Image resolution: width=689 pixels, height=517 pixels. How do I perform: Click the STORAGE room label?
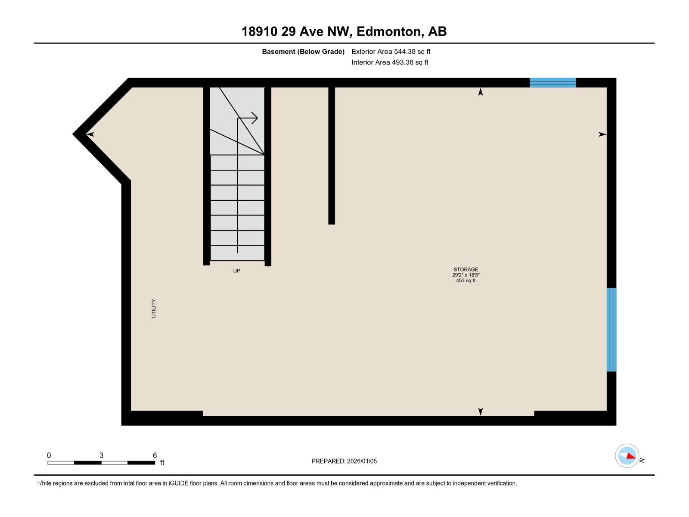(466, 269)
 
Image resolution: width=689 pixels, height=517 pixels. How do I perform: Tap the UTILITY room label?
(154, 308)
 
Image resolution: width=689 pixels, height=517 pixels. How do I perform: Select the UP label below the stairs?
(236, 271)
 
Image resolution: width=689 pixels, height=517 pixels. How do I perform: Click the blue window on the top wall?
(552, 83)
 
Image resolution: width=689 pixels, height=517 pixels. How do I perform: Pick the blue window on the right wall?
(611, 330)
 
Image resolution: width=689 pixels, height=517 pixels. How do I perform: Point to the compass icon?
(627, 455)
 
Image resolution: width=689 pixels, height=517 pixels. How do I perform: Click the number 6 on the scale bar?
(155, 455)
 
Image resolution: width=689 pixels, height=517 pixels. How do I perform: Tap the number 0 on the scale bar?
(49, 455)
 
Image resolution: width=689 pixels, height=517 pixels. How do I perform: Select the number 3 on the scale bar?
(101, 455)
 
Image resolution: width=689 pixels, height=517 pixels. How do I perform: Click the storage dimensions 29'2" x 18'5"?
(466, 275)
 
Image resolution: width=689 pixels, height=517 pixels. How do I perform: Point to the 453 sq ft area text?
(466, 280)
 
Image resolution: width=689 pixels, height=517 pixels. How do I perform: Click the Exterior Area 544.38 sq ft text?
(391, 52)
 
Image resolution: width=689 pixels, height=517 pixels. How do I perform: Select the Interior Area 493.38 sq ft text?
(390, 62)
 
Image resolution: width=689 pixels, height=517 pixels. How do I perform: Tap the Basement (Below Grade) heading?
(303, 52)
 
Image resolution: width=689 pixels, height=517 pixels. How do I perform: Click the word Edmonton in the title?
(389, 31)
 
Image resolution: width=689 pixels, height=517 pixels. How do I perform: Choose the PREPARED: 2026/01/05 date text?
(344, 461)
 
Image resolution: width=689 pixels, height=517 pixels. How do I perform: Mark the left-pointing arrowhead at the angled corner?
(90, 134)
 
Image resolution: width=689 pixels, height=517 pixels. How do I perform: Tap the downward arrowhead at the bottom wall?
(481, 411)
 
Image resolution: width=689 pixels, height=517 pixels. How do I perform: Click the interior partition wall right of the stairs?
(332, 155)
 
